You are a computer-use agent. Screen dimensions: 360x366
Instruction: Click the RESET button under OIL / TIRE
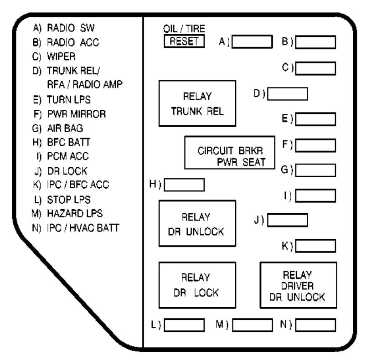(184, 41)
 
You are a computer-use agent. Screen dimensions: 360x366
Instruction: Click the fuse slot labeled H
(184, 185)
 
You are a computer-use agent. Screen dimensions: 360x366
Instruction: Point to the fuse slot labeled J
(287, 220)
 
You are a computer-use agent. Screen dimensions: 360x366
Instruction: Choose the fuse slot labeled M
(253, 325)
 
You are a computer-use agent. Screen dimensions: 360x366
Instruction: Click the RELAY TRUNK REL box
(197, 103)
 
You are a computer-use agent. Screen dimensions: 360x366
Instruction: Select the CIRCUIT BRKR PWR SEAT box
(229, 152)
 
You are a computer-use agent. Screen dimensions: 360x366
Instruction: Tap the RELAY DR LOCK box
(197, 284)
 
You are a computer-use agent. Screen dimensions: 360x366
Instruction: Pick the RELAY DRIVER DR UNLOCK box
(298, 285)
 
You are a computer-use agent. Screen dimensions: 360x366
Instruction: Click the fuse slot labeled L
(184, 325)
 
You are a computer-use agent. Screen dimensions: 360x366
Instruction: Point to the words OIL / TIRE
(184, 29)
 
